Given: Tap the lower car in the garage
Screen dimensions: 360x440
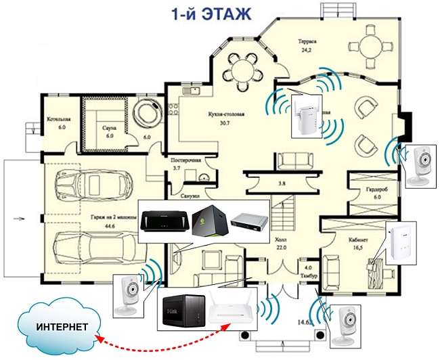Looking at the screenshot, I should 94,248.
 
